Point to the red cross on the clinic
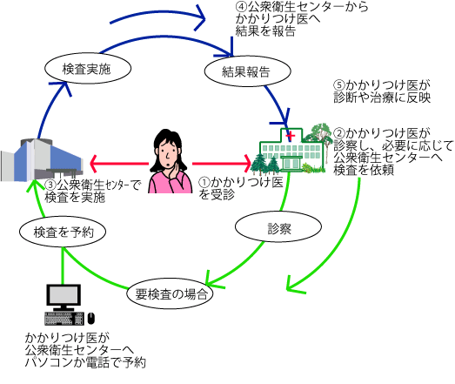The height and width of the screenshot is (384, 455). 291,136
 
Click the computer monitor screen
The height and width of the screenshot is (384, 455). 64,295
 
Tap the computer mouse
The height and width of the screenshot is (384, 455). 91,318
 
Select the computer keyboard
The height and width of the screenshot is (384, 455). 64,319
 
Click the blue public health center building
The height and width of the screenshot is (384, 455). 42,160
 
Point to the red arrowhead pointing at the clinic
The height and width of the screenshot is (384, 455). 248,164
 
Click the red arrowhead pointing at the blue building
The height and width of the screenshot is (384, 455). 94,164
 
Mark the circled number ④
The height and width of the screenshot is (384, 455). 241,6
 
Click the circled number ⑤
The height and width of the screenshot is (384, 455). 339,85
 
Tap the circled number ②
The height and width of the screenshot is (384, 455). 339,133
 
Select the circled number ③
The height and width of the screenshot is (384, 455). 50,185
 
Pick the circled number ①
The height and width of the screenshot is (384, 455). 204,182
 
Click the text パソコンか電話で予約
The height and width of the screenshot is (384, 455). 85,362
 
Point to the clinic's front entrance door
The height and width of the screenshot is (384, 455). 291,163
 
